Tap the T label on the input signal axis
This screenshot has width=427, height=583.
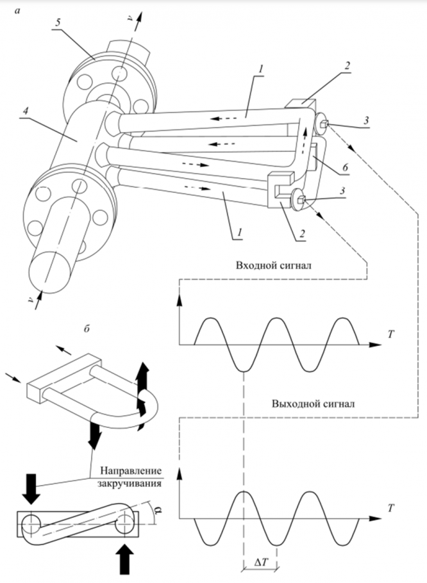(x=390, y=334)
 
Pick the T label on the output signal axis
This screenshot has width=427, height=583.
(x=390, y=506)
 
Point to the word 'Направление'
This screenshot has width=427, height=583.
(x=131, y=469)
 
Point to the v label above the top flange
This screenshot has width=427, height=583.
(x=130, y=21)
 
